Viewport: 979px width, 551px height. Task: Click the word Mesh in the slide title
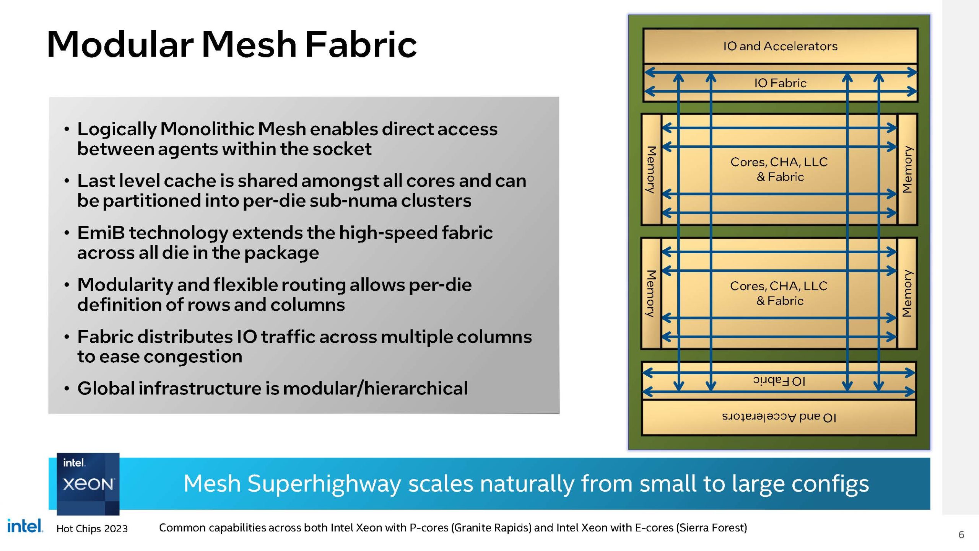click(249, 44)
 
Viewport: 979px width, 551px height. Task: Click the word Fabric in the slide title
click(361, 44)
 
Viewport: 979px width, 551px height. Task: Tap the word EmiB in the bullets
click(101, 233)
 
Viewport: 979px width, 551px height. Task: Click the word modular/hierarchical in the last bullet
click(375, 388)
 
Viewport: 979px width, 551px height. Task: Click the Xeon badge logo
click(88, 484)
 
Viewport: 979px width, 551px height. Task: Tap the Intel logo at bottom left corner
click(25, 526)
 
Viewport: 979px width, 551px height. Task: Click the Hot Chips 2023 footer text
click(92, 528)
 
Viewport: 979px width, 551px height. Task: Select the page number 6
click(961, 535)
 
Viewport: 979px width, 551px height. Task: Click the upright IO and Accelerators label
click(780, 46)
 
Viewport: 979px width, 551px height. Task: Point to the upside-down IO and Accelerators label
click(779, 417)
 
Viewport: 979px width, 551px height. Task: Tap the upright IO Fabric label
click(780, 83)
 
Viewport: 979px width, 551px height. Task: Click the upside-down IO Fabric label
click(779, 381)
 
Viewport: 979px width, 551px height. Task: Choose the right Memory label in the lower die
click(907, 293)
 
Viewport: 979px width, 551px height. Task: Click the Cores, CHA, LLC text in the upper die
click(779, 162)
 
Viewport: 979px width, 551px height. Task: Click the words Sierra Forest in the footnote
click(711, 528)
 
